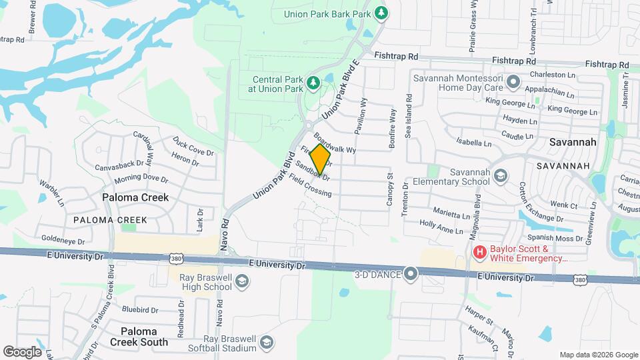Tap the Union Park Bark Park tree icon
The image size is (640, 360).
click(381, 12)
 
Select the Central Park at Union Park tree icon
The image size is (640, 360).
click(312, 83)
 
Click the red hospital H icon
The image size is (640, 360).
click(479, 251)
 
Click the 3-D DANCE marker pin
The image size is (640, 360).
click(411, 273)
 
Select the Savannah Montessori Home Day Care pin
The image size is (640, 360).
click(513, 83)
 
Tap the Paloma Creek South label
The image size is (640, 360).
click(144, 337)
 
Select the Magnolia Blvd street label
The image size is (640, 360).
click(477, 200)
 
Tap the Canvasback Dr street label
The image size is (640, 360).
click(119, 166)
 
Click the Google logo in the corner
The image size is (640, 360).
click(22, 351)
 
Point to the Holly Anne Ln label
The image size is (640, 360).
click(441, 227)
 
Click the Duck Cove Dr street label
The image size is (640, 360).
click(193, 146)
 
